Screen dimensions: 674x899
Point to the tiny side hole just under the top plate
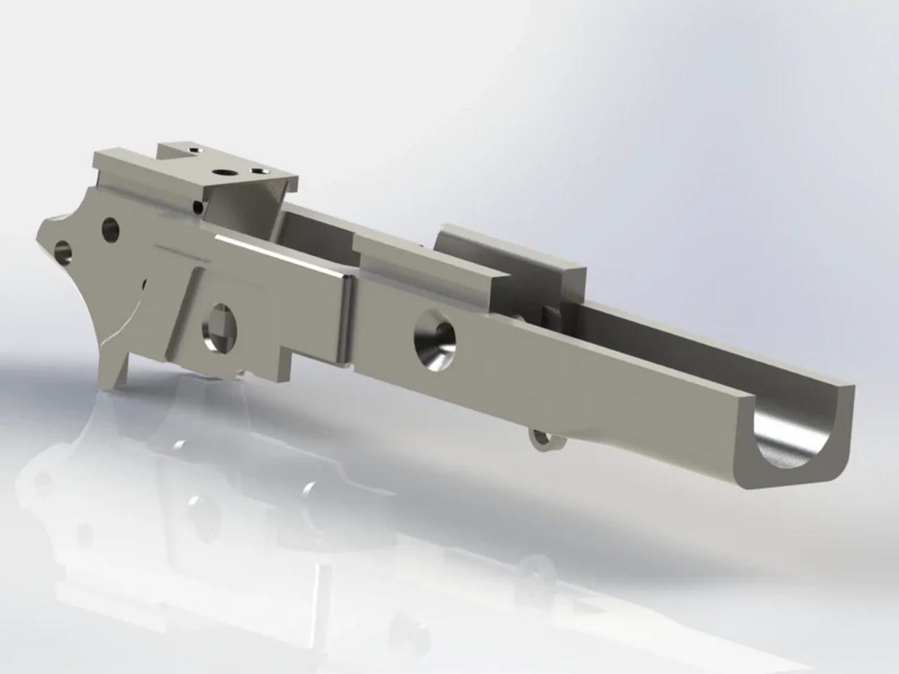click(x=199, y=207)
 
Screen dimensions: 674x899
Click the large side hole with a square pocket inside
click(x=222, y=326)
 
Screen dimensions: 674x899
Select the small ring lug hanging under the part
click(x=540, y=440)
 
